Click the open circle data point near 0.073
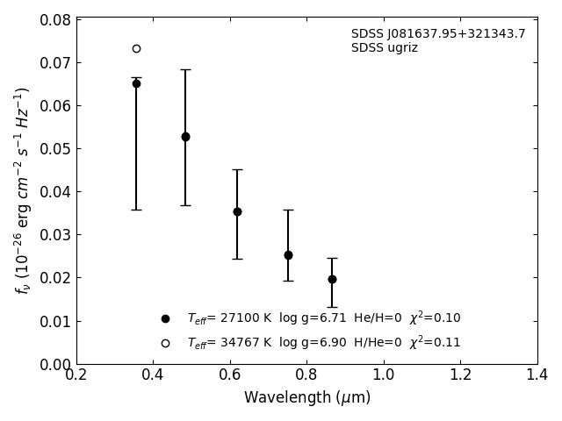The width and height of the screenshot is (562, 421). [x=136, y=48]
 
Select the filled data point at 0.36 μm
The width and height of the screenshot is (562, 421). [x=136, y=83]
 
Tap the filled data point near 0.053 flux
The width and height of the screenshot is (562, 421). [x=185, y=137]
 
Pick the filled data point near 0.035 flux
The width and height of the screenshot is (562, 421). [x=237, y=211]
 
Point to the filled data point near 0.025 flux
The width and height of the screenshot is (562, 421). [x=288, y=255]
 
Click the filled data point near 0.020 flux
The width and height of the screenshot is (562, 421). [x=332, y=279]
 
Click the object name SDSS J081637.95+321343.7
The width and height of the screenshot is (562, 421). [x=438, y=34]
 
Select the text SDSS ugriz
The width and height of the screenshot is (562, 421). [x=385, y=48]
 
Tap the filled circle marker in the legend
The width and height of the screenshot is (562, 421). [x=165, y=318]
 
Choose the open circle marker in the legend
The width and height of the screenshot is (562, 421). [x=165, y=343]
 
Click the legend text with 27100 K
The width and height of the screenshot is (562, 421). [x=323, y=318]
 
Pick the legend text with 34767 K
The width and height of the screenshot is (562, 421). [x=323, y=343]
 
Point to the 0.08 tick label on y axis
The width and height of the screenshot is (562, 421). [x=55, y=20]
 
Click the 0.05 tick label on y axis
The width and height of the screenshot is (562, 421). [x=55, y=149]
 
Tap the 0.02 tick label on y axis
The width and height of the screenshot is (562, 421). [x=55, y=278]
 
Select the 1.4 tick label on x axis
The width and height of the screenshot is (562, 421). [x=537, y=375]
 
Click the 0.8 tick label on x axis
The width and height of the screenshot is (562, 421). [x=306, y=375]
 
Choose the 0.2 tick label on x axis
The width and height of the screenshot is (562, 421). [x=76, y=375]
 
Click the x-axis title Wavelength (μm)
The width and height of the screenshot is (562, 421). [x=306, y=398]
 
